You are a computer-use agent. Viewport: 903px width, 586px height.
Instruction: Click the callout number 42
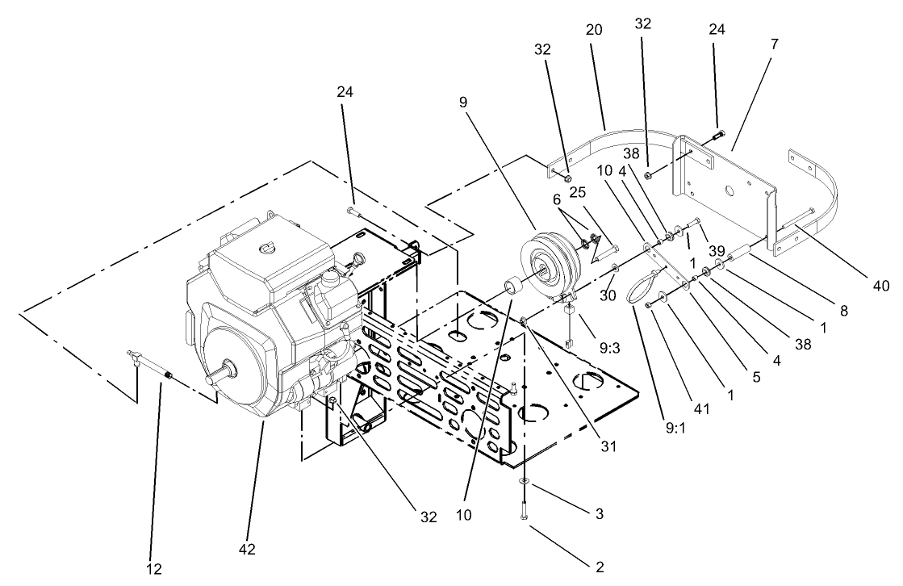[247, 549]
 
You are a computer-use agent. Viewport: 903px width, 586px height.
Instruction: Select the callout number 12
[154, 569]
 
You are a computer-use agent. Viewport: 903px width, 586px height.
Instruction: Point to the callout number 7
[774, 44]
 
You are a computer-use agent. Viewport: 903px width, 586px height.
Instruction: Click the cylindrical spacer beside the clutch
[511, 286]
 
